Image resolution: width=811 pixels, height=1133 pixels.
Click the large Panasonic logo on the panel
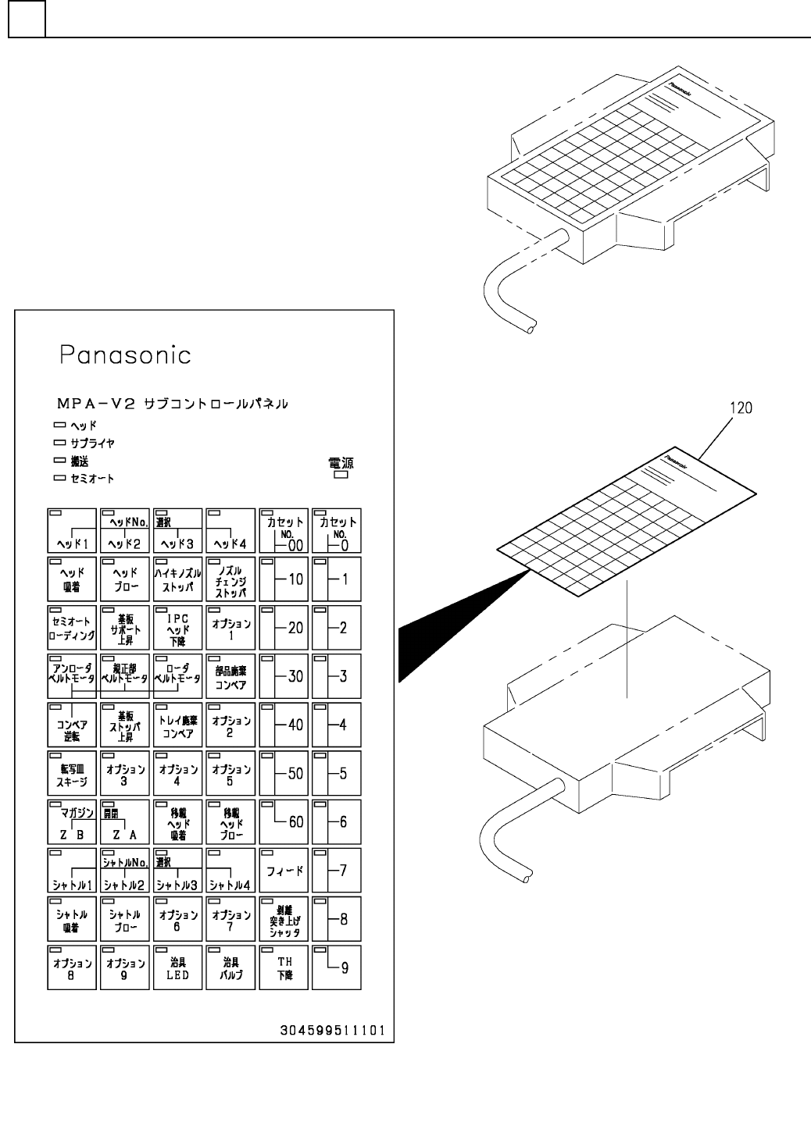click(125, 355)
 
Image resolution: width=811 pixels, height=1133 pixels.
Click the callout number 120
click(741, 407)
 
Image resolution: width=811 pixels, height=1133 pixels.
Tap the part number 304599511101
click(333, 1030)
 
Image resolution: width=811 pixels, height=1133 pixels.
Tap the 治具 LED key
click(178, 967)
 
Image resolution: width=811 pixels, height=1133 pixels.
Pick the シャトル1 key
click(72, 870)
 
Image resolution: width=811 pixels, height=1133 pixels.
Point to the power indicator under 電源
click(341, 474)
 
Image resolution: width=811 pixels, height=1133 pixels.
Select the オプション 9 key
click(125, 967)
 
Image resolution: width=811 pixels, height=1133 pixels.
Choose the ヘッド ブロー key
click(125, 579)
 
